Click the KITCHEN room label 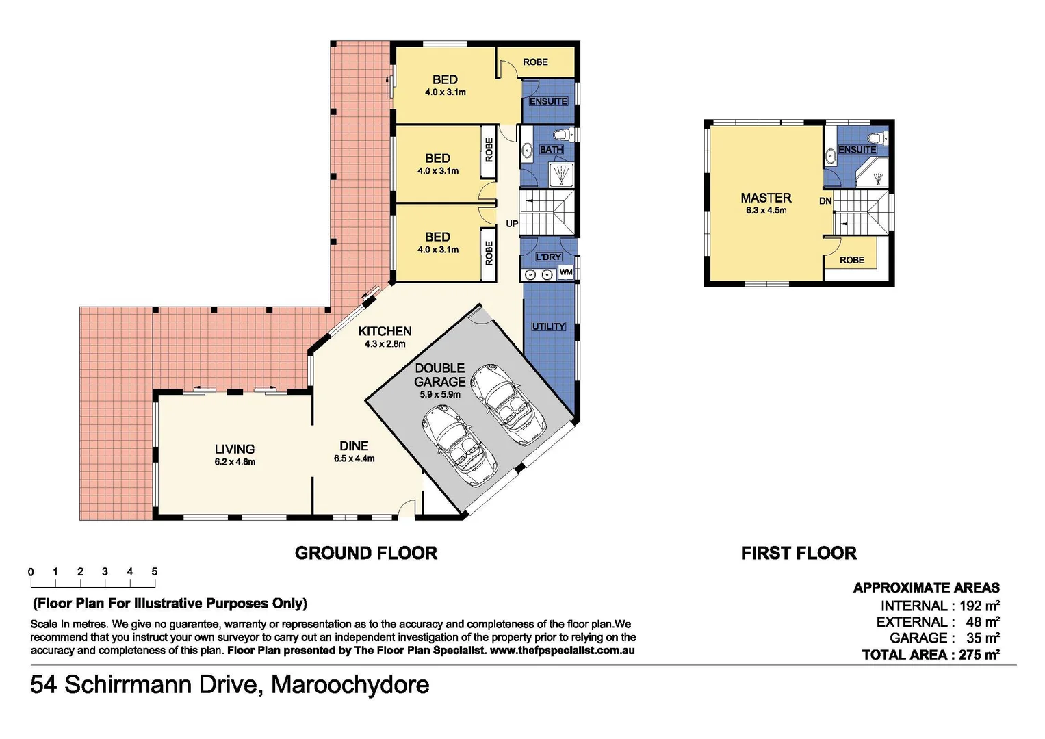(x=385, y=331)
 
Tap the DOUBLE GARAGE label (x=439, y=375)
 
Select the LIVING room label (x=235, y=450)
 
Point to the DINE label (x=354, y=446)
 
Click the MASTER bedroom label (x=766, y=198)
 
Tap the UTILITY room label (x=549, y=326)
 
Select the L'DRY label (x=548, y=257)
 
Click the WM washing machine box (x=566, y=272)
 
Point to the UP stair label (x=512, y=224)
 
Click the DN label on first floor (x=825, y=201)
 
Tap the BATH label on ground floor (x=551, y=150)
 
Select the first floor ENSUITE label (x=857, y=150)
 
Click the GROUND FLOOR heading (x=365, y=553)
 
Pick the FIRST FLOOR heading (x=799, y=553)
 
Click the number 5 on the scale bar (x=155, y=572)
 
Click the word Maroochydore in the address (x=350, y=685)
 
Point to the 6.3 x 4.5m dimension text (x=766, y=211)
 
